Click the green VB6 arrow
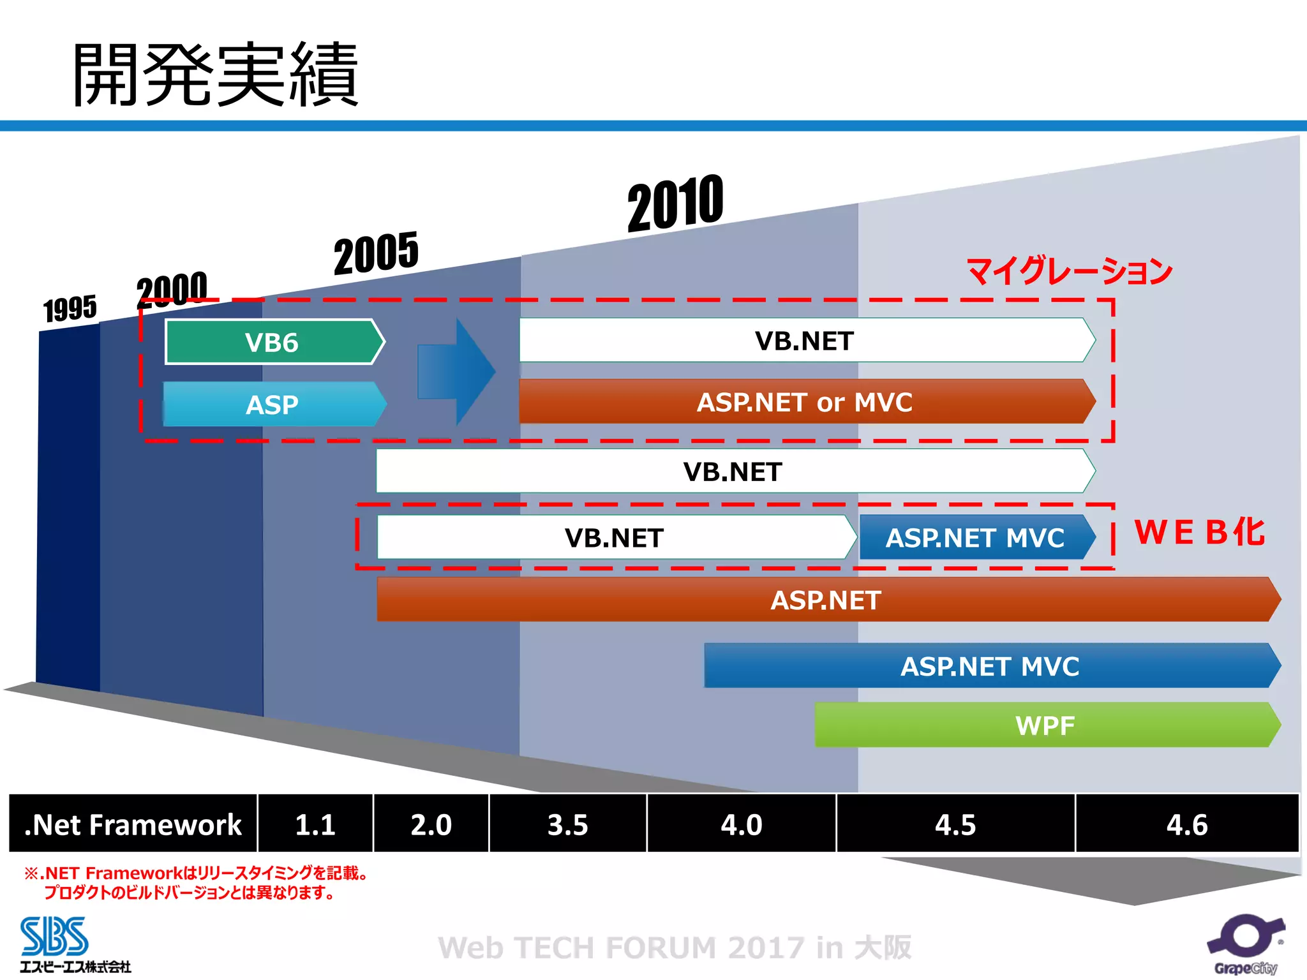[273, 343]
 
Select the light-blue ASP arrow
[273, 405]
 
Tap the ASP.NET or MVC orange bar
[805, 402]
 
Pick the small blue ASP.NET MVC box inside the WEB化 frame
[975, 538]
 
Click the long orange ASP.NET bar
[826, 600]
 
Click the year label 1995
[70, 309]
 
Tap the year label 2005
[376, 253]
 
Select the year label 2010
[675, 204]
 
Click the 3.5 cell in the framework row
[567, 824]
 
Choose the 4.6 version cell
[1187, 824]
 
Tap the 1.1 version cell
[315, 824]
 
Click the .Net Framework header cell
[133, 824]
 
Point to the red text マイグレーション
[1070, 271]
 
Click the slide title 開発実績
[216, 74]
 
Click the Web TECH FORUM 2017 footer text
[675, 947]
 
